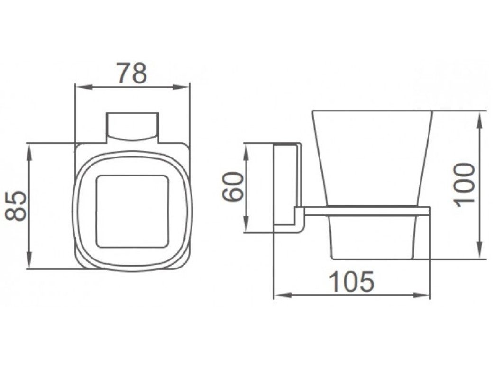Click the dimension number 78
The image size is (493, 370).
tap(132, 73)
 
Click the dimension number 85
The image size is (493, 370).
tap(16, 205)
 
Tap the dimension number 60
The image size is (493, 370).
tap(233, 186)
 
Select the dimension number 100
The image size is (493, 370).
tap(464, 185)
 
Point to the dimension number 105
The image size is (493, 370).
tap(353, 281)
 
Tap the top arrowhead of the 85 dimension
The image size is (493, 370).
tap(29, 153)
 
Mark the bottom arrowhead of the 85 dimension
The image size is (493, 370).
tap(29, 260)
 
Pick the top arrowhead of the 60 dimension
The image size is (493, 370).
tap(246, 153)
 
